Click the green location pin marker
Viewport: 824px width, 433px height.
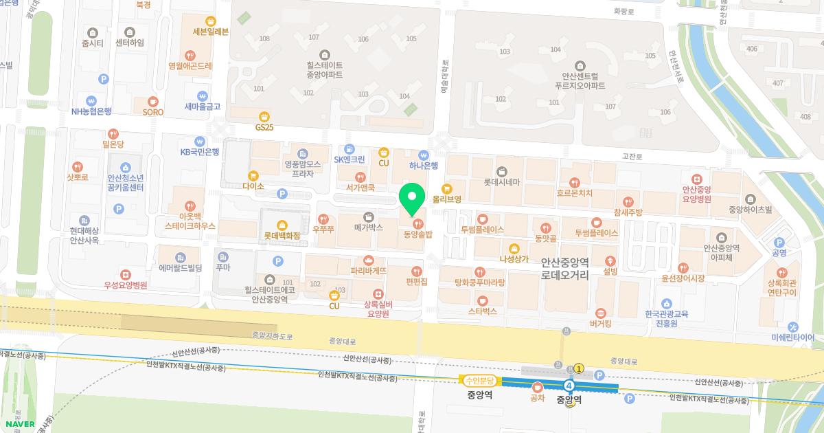412,199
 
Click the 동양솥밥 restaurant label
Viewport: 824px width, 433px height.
415,234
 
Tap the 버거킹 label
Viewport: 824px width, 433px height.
601,322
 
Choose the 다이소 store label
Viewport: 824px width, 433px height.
253,186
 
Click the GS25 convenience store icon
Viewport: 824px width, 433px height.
264,117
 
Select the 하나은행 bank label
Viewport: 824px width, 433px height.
423,166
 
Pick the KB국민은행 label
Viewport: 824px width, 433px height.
199,152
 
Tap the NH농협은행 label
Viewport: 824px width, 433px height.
91,111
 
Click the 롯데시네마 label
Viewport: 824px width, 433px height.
502,181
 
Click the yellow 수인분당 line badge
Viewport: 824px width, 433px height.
481,380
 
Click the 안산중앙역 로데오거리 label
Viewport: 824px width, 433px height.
565,267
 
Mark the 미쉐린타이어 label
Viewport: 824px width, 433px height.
792,337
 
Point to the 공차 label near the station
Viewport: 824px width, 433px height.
538,397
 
